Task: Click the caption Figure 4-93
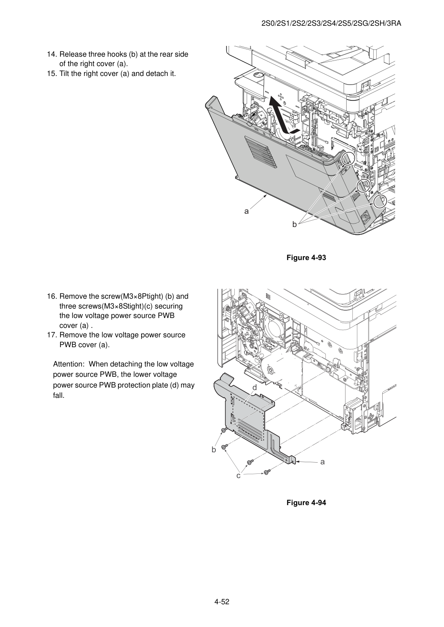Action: [x=306, y=257]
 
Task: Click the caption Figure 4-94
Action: [x=306, y=503]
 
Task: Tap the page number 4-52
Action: [x=222, y=600]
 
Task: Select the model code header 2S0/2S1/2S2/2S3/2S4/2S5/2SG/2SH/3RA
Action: [x=331, y=24]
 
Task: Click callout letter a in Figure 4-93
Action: [x=246, y=211]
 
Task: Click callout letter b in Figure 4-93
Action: [x=294, y=224]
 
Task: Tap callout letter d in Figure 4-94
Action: [x=254, y=388]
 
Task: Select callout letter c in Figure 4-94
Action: [x=239, y=476]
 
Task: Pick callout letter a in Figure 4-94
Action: [x=323, y=462]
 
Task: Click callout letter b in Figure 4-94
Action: [x=214, y=449]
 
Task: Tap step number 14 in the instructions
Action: [x=52, y=55]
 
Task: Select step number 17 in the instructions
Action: [x=52, y=335]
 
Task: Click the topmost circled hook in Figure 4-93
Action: [x=347, y=159]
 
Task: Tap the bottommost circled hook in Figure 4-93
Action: [x=380, y=202]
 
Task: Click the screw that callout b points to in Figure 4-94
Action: [x=224, y=430]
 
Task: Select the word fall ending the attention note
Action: [x=59, y=396]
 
